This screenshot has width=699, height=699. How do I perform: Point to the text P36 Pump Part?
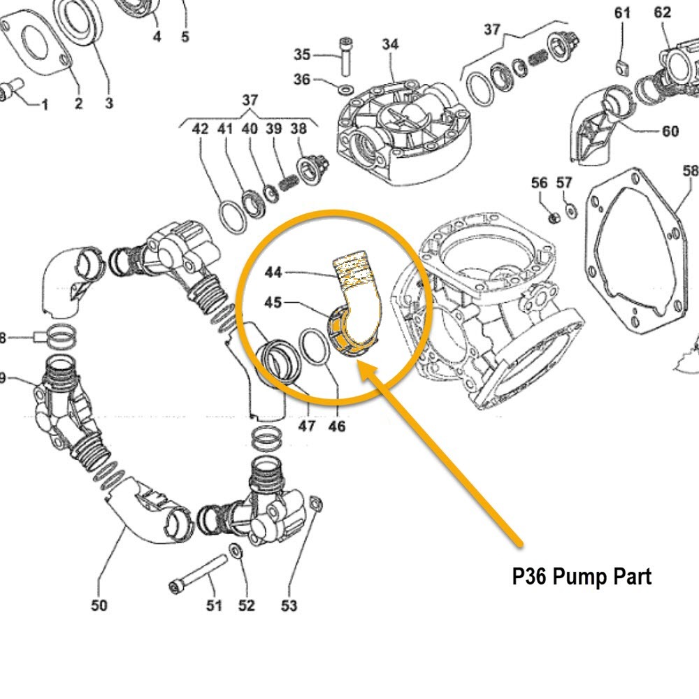tap(582, 577)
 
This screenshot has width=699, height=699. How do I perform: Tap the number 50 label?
tap(99, 605)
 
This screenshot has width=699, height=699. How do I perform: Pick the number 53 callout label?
tap(289, 605)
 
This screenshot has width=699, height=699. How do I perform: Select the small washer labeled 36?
tap(345, 90)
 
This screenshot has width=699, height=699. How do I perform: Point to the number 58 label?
tap(690, 171)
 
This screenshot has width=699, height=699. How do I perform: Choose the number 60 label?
tap(670, 131)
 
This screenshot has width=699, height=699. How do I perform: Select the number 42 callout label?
tap(201, 129)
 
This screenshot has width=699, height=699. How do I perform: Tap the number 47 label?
tap(307, 426)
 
